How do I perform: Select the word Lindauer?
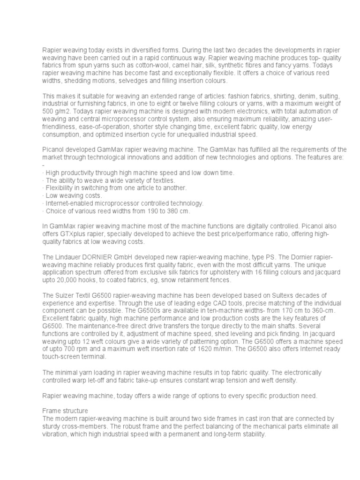tap(67, 257)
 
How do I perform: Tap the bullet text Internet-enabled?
tap(70, 203)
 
